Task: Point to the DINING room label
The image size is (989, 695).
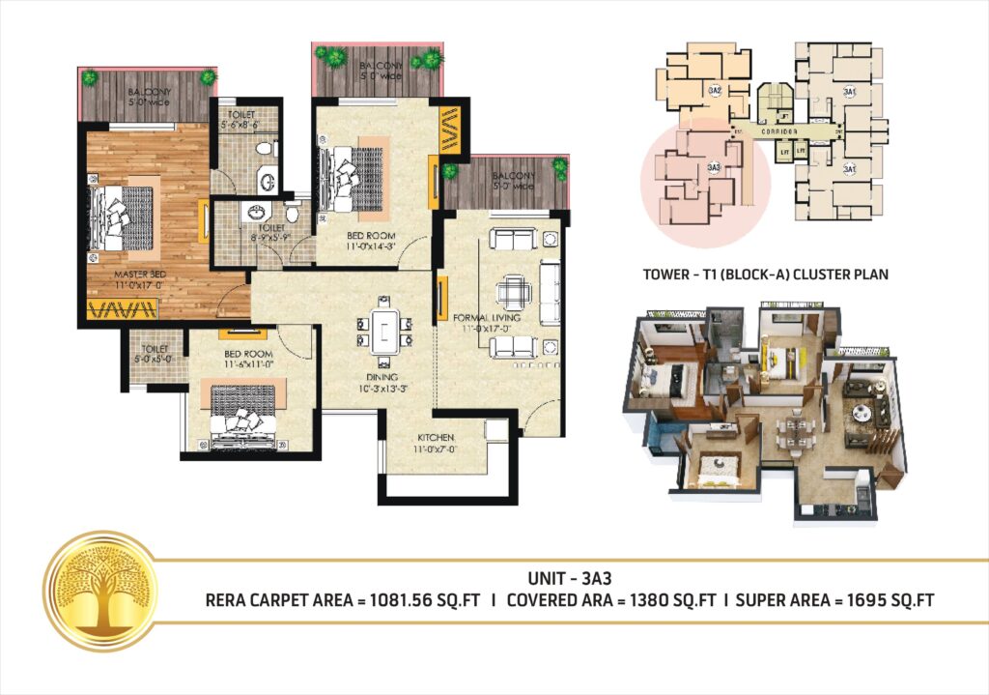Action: click(x=382, y=378)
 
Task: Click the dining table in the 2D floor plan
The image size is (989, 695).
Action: click(x=383, y=331)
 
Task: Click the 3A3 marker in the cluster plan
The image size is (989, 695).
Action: click(x=714, y=168)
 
